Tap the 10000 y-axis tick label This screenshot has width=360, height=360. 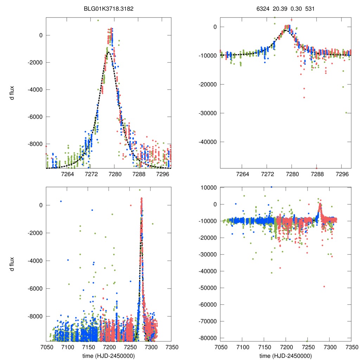[x=209, y=188]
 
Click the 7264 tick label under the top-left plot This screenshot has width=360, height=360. [x=67, y=174]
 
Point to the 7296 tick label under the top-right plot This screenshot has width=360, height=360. [x=342, y=174]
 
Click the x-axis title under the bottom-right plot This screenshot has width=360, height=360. [x=285, y=355]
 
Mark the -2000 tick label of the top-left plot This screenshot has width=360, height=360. [x=33, y=62]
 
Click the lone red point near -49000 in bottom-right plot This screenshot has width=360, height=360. [x=324, y=287]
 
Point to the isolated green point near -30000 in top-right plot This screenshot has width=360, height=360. [x=346, y=112]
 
